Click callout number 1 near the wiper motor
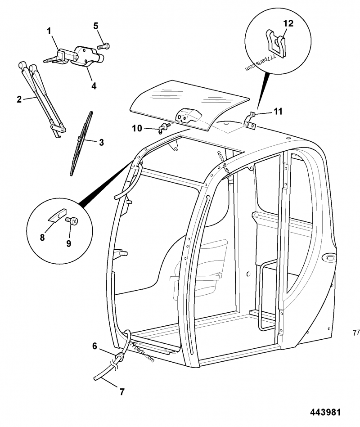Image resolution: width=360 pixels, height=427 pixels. pyautogui.click(x=49, y=31)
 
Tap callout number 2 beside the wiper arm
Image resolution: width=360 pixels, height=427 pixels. pyautogui.click(x=19, y=99)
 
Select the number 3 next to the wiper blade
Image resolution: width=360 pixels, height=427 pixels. pyautogui.click(x=101, y=142)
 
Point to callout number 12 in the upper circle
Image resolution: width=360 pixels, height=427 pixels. pyautogui.click(x=288, y=23)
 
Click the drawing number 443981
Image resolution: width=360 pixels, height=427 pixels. pyautogui.click(x=325, y=412)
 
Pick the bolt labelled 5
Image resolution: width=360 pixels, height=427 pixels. pyautogui.click(x=103, y=46)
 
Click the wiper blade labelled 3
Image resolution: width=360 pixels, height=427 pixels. pyautogui.click(x=81, y=143)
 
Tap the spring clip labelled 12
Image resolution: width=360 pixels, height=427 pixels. pyautogui.click(x=275, y=44)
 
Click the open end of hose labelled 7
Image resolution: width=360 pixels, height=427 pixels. pyautogui.click(x=95, y=378)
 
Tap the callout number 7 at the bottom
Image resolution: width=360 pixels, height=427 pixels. pyautogui.click(x=122, y=391)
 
